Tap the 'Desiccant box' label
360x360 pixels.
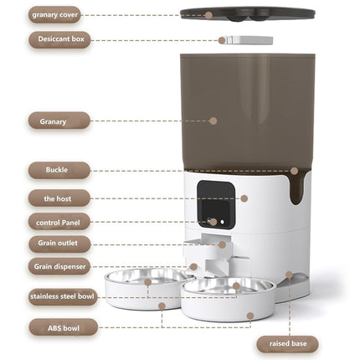59,39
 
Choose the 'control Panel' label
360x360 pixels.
59,222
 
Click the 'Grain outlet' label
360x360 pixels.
59,244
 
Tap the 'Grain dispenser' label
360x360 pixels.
59,267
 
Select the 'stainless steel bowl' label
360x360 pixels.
64,296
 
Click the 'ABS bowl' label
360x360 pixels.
64,327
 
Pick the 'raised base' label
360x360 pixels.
288,342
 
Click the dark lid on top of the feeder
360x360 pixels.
247,13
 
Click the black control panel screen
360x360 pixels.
215,205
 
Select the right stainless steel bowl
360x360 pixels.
228,286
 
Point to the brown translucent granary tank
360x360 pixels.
247,109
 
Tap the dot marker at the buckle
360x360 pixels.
294,171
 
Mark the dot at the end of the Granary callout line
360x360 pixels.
213,121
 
